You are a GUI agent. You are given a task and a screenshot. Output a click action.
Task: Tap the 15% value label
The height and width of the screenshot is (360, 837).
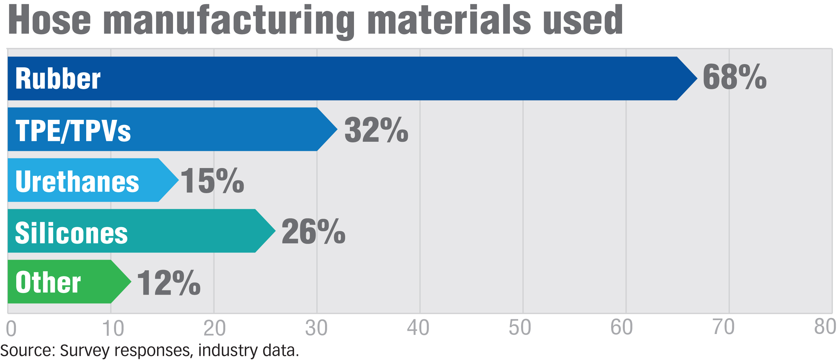(212, 181)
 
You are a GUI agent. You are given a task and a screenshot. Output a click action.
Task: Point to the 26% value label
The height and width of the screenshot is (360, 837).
(313, 231)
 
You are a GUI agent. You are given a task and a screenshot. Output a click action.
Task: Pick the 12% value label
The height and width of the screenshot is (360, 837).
(169, 283)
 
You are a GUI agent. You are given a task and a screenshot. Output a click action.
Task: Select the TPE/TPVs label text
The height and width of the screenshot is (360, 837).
(73, 131)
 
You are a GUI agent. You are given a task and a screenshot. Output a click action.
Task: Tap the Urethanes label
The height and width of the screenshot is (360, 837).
(77, 181)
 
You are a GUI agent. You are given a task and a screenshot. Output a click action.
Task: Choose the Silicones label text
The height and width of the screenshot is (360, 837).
(71, 233)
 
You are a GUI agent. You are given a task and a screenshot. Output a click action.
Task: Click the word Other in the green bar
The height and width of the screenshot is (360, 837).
(48, 282)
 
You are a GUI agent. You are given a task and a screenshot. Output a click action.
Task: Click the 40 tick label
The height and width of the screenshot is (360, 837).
(418, 328)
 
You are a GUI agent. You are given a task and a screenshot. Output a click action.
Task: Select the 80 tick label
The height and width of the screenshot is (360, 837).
(825, 327)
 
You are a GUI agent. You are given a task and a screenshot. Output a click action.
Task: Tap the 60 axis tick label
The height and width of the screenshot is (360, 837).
(621, 327)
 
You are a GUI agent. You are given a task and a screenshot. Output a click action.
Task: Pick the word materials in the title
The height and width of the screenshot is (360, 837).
(449, 20)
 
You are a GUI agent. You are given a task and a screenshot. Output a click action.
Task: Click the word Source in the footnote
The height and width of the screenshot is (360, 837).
(28, 351)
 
